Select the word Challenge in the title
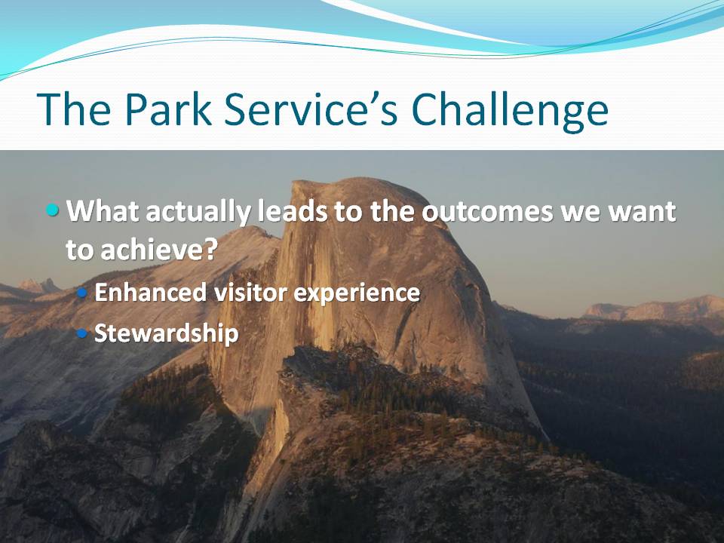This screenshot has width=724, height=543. (x=509, y=112)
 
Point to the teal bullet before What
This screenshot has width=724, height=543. (x=53, y=210)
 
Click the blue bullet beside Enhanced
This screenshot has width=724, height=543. (x=81, y=293)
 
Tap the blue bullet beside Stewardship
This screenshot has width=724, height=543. (x=81, y=333)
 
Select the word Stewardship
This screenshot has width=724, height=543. (x=166, y=333)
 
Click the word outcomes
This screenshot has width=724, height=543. (x=488, y=211)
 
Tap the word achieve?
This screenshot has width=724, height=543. (x=159, y=250)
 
